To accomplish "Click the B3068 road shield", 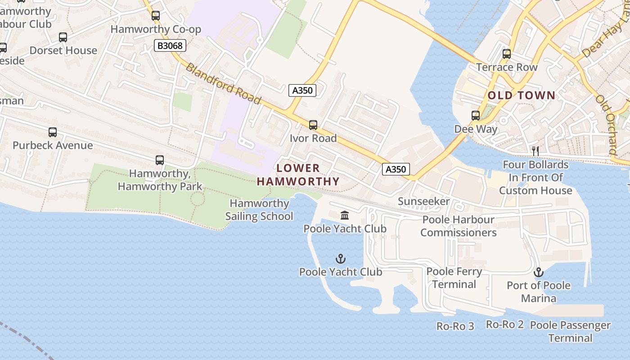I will [x=170, y=45].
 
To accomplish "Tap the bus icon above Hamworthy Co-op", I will [x=156, y=16].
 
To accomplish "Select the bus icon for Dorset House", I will [x=63, y=37].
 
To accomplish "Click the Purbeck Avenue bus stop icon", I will [x=53, y=132].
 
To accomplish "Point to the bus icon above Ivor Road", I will [x=313, y=125].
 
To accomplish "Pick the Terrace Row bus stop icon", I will [x=507, y=54].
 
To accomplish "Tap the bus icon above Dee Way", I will [x=476, y=116].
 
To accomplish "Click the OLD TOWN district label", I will [x=522, y=95].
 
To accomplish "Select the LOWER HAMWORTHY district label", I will [x=298, y=175].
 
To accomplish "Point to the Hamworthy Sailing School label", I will [x=259, y=210].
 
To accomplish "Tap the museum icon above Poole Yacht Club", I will [x=345, y=216].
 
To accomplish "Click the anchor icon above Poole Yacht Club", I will [x=341, y=259].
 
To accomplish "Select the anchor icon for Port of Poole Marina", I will [x=538, y=272].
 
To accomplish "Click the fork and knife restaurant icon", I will [x=535, y=151].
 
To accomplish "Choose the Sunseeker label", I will [x=423, y=202].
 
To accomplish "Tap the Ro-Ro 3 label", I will [x=455, y=326].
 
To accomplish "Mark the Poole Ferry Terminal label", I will [x=454, y=278].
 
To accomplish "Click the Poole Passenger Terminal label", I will [x=570, y=331].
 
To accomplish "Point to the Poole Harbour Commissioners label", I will [x=458, y=226].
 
